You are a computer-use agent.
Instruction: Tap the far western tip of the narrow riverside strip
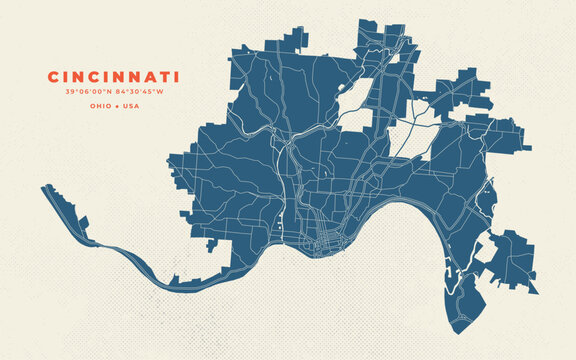(43, 187)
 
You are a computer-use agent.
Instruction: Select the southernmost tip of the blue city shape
(451, 331)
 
